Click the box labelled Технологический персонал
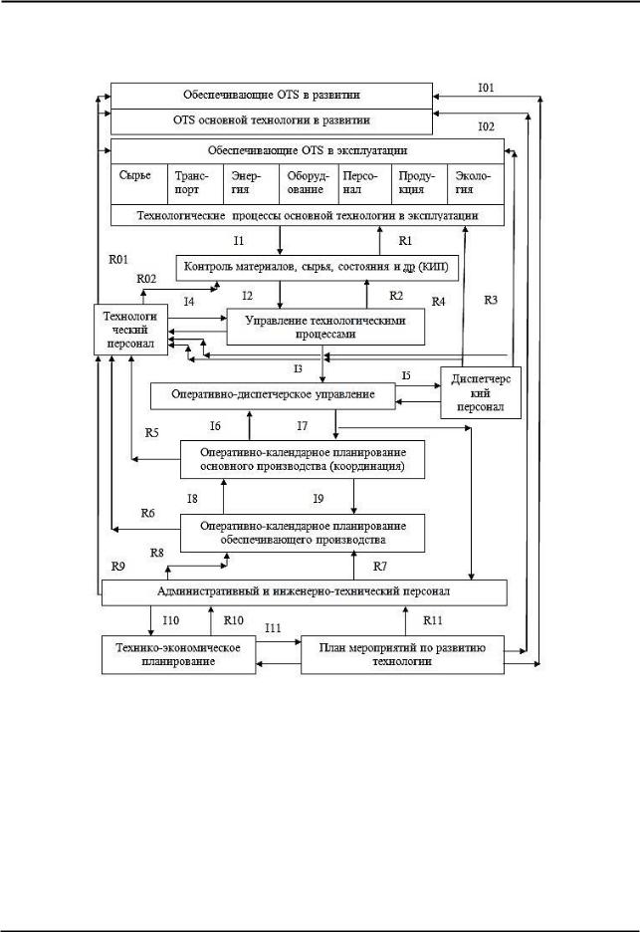[x=130, y=330]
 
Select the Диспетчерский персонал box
[x=481, y=393]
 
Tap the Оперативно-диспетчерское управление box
[x=273, y=395]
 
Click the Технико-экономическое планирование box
[x=178, y=654]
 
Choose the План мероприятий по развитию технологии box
[x=402, y=654]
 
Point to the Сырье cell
[x=139, y=184]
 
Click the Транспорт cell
[x=195, y=184]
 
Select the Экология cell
[x=476, y=184]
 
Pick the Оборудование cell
[x=308, y=184]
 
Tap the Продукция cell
[x=419, y=184]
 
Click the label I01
[x=486, y=88]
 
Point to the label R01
[x=118, y=260]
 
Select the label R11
[x=433, y=620]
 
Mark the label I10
[x=170, y=620]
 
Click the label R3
[x=491, y=300]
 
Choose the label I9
[x=319, y=499]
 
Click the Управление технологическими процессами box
[x=325, y=327]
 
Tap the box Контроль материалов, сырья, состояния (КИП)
[x=318, y=268]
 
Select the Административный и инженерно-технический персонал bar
[x=305, y=592]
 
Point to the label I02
[x=486, y=126]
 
